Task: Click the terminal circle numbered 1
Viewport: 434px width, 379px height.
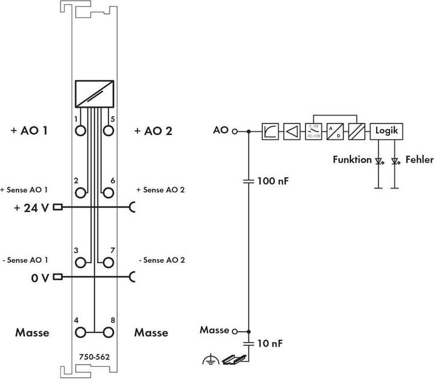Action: (x=80, y=130)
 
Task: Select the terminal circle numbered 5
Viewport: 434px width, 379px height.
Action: (x=108, y=130)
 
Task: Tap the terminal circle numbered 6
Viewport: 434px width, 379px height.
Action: (x=108, y=193)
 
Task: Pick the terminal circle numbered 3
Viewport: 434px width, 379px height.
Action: (x=80, y=262)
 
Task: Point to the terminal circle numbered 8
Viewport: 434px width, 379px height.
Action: (x=108, y=332)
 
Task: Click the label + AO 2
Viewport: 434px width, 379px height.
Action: (x=154, y=130)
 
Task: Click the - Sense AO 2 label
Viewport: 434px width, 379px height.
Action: (x=162, y=260)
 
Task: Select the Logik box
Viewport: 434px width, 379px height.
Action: (x=386, y=131)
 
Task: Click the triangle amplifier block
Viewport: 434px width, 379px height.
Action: (x=291, y=131)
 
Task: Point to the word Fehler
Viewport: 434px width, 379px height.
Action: (x=415, y=160)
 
